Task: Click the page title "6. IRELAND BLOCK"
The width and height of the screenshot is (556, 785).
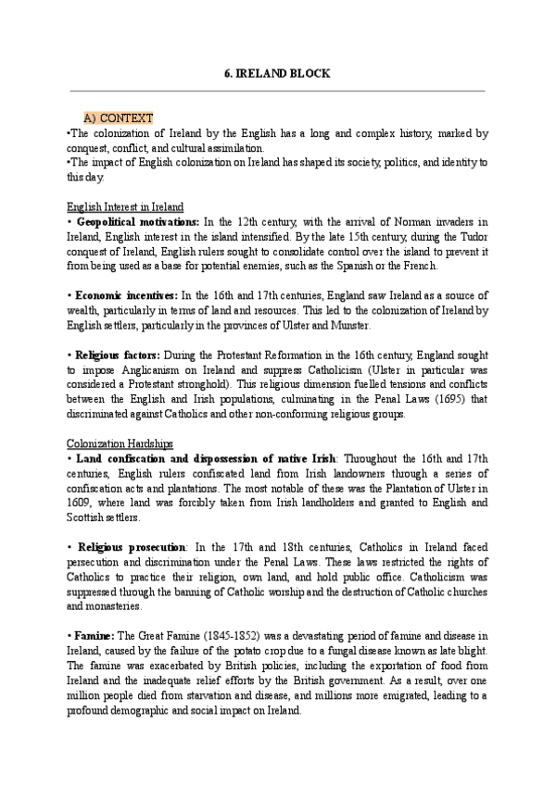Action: click(277, 73)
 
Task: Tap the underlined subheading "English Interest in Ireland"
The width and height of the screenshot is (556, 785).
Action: click(125, 206)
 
